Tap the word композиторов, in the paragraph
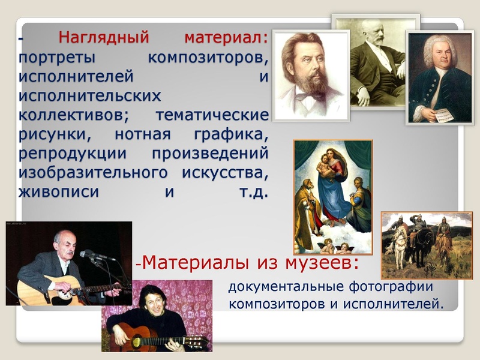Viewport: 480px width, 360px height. tap(208, 59)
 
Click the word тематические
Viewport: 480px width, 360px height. tap(211, 115)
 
